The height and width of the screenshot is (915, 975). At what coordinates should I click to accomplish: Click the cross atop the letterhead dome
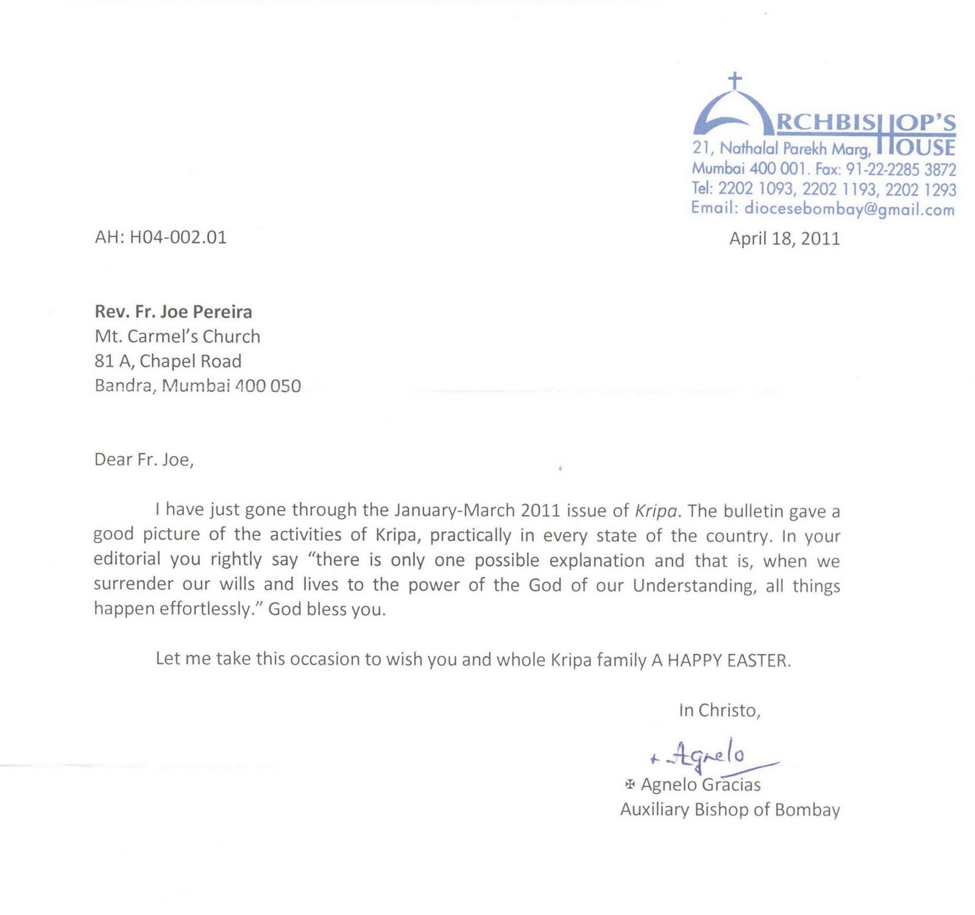click(x=735, y=80)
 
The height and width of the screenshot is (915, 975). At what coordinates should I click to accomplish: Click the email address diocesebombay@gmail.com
click(x=849, y=209)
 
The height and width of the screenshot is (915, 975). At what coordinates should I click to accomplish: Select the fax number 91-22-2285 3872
click(x=901, y=169)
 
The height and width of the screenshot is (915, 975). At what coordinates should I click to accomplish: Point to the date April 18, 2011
click(x=784, y=238)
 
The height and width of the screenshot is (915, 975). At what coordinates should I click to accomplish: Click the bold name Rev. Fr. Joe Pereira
click(x=173, y=312)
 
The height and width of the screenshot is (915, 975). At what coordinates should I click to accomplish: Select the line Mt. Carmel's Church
click(x=177, y=336)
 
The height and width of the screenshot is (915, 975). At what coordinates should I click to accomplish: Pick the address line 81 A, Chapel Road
click(x=168, y=361)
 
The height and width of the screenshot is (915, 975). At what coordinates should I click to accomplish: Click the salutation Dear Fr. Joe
click(x=144, y=459)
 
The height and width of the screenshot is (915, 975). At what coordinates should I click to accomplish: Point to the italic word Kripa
click(x=656, y=510)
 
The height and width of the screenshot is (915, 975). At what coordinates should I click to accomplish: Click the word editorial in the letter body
click(x=127, y=559)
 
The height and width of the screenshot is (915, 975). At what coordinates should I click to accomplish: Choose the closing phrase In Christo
click(x=719, y=710)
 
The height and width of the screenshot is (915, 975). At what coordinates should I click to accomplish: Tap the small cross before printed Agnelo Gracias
click(x=630, y=784)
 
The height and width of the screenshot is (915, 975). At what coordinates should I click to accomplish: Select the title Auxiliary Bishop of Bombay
click(x=729, y=810)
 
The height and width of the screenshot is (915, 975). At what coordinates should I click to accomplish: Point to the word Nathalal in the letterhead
click(x=749, y=148)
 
